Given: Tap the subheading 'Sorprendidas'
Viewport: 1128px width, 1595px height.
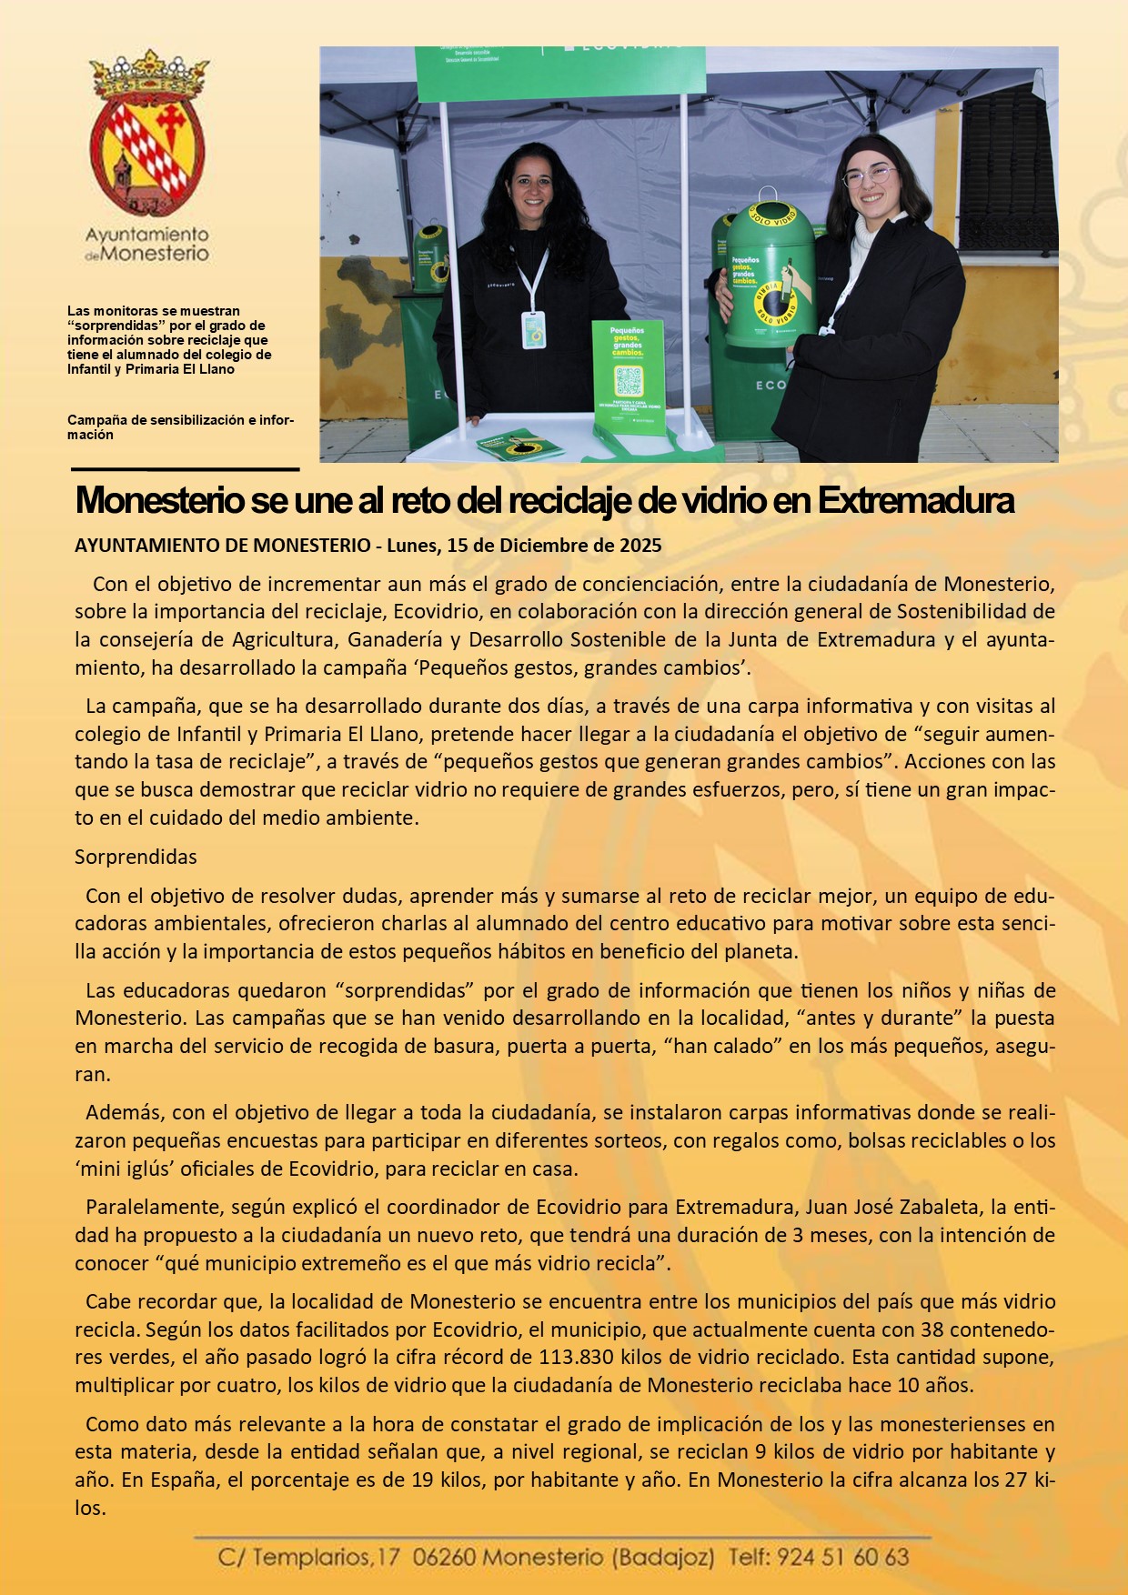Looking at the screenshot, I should [x=136, y=857].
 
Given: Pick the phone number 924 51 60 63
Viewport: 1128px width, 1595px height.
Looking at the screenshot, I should [x=842, y=1558].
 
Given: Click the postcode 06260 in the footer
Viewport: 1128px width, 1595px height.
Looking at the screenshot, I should [x=443, y=1558].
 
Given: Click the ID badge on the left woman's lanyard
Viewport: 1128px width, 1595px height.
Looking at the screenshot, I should [x=534, y=329].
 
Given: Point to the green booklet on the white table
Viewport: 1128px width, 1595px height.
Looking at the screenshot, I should [x=519, y=445].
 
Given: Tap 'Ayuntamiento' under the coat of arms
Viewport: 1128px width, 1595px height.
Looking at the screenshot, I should [x=146, y=236].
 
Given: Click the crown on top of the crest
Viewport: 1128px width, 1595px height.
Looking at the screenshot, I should [x=148, y=75].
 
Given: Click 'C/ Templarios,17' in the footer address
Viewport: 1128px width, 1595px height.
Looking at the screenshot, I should [x=308, y=1558].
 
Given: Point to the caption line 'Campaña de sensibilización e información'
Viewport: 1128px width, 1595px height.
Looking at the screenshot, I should [x=180, y=427].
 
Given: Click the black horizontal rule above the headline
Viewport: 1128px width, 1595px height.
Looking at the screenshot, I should [x=186, y=469].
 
